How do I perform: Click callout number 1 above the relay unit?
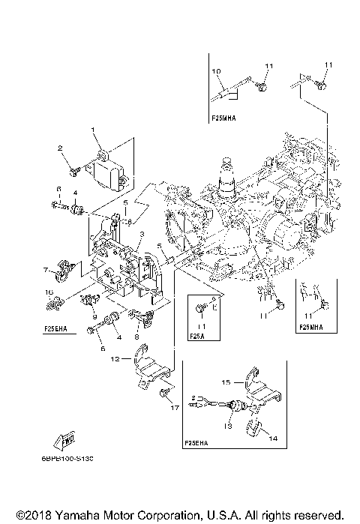tap(94, 130)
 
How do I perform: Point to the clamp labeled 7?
tap(62, 267)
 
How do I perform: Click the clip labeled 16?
tap(52, 304)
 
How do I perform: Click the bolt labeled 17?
tap(166, 394)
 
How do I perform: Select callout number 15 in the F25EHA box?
tap(225, 382)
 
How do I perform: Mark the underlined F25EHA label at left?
tap(58, 328)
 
